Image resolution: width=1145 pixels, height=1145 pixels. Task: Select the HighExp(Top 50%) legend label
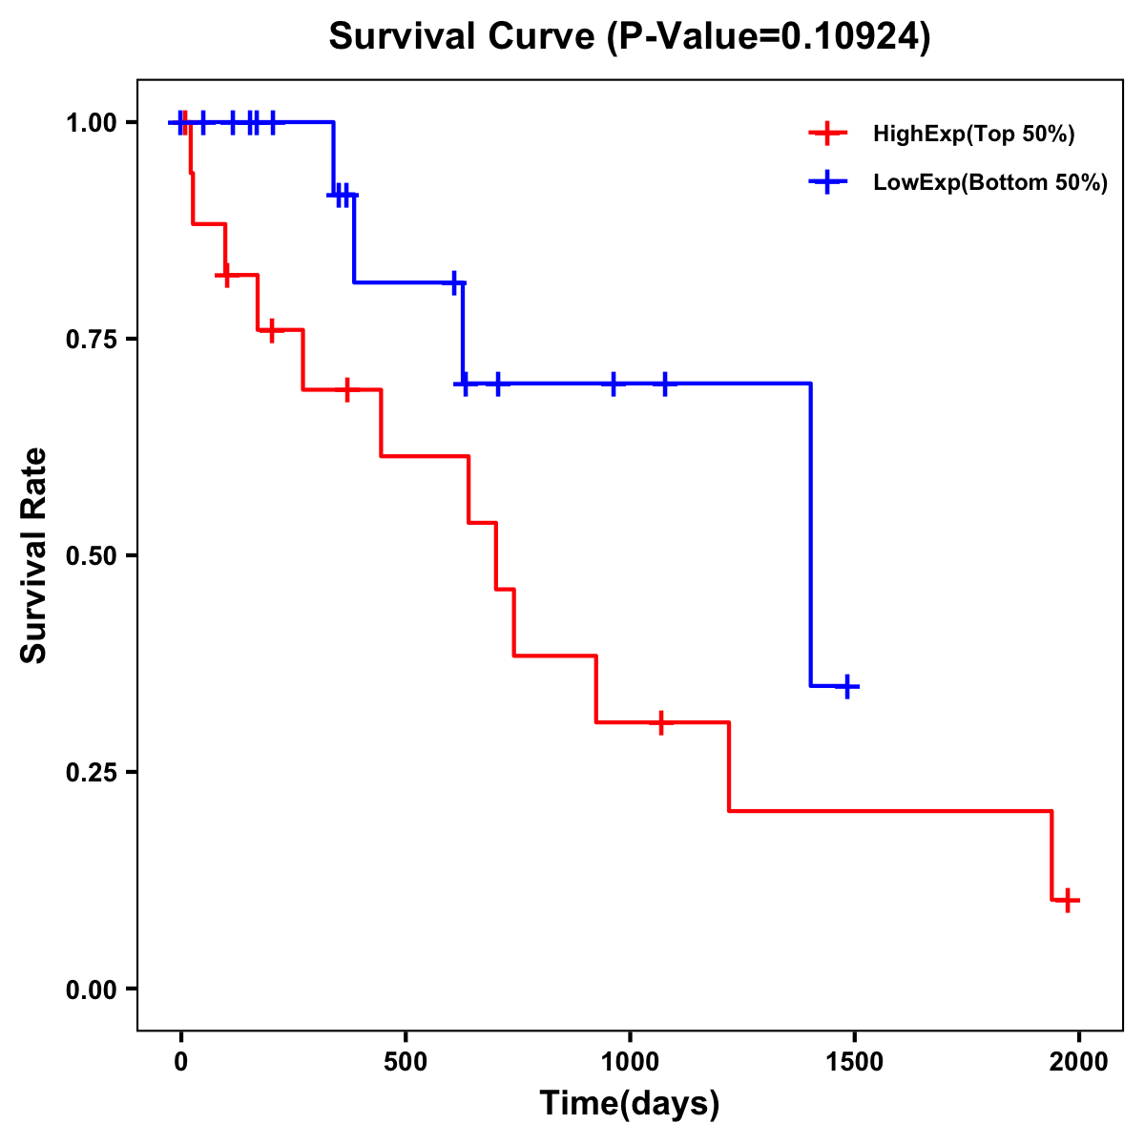[x=974, y=134]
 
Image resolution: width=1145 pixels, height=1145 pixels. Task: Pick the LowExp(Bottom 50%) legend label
[x=990, y=182]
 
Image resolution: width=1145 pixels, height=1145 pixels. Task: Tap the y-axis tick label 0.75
[x=93, y=339]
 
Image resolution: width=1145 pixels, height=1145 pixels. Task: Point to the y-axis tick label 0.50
[x=93, y=555]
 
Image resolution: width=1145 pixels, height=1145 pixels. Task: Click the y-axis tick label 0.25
[x=93, y=772]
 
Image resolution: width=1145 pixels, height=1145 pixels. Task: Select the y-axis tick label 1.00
[x=93, y=122]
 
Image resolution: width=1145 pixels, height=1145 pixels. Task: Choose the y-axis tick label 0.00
[x=93, y=989]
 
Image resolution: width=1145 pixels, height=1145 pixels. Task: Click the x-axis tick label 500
[x=406, y=1061]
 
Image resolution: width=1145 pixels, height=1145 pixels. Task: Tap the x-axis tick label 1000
[x=630, y=1061]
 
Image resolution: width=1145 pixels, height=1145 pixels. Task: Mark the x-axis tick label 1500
[x=855, y=1061]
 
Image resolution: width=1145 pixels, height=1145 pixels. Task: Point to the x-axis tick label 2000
[x=1079, y=1061]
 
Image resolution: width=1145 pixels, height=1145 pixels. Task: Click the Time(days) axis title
[x=630, y=1104]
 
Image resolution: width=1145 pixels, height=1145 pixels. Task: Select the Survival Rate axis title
[x=34, y=555]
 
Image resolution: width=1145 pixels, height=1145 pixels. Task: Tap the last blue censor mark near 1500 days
[x=847, y=686]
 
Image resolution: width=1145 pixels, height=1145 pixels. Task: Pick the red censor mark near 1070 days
[x=660, y=722]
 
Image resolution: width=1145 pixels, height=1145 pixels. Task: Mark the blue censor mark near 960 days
[x=614, y=383]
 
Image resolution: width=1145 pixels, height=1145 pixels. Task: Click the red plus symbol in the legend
[x=828, y=134]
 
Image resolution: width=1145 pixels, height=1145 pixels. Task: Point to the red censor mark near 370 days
[x=347, y=389]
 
